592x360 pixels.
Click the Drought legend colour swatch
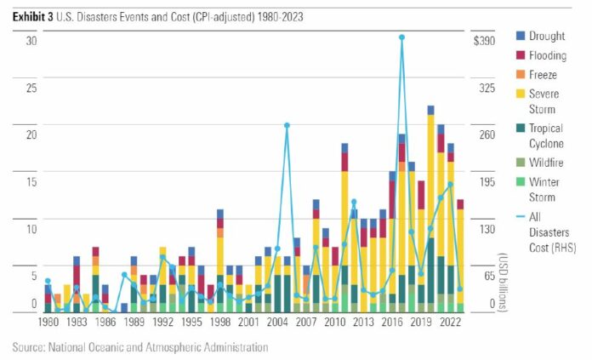click(521, 36)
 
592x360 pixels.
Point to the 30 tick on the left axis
click(31, 41)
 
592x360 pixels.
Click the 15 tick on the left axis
click(31, 180)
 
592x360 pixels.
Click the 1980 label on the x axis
click(48, 323)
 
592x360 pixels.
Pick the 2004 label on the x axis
click(277, 323)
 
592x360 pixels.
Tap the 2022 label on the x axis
click(450, 323)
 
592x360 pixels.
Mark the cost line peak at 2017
click(401, 37)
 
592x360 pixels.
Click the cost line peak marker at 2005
click(287, 125)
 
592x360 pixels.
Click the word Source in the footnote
click(31, 347)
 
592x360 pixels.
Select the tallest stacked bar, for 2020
click(430, 209)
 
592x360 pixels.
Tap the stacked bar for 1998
click(219, 260)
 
